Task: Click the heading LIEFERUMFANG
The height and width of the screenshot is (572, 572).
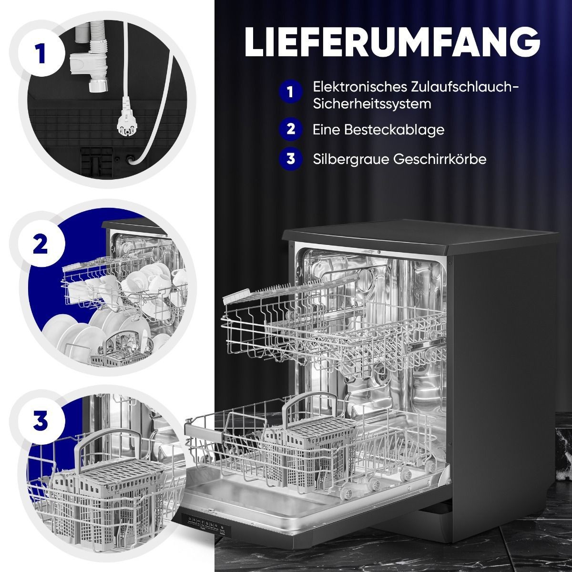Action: click(392, 42)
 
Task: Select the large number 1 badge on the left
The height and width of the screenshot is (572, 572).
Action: click(41, 54)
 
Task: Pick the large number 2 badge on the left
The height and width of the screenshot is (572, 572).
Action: click(41, 244)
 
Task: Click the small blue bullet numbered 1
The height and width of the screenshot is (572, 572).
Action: click(291, 92)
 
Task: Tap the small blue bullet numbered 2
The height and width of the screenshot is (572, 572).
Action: click(291, 130)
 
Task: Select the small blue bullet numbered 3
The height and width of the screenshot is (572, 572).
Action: click(291, 159)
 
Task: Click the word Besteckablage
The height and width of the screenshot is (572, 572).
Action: click(394, 130)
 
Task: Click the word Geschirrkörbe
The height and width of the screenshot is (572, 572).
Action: click(440, 159)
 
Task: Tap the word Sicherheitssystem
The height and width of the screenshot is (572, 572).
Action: click(372, 104)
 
